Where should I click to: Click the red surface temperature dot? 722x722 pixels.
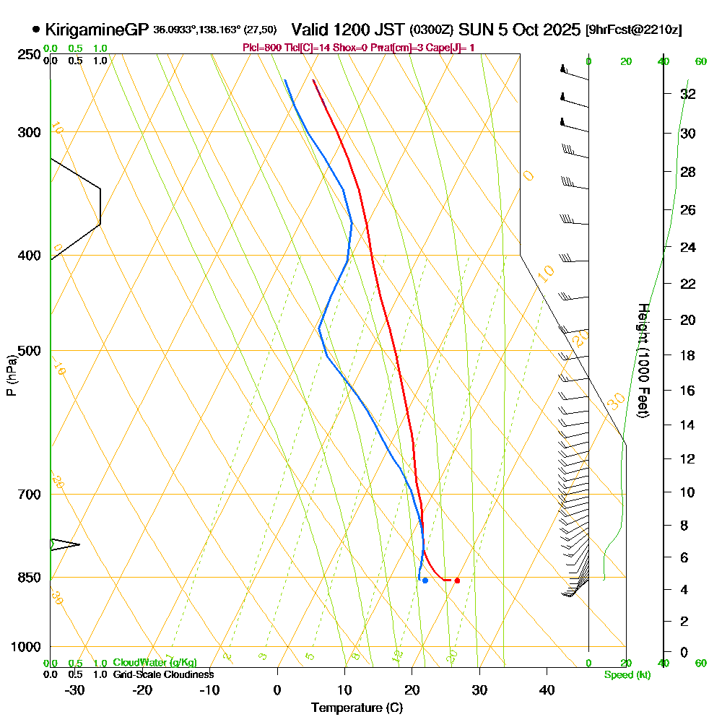click(x=457, y=580)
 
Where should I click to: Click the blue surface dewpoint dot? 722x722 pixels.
click(x=425, y=580)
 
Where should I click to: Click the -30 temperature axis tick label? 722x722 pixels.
click(x=75, y=690)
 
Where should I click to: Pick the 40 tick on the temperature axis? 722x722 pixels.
click(x=547, y=690)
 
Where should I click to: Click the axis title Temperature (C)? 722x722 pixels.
click(x=357, y=708)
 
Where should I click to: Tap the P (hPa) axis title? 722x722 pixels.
click(x=12, y=375)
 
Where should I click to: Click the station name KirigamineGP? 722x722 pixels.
click(x=97, y=30)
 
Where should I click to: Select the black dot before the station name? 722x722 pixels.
click(x=36, y=30)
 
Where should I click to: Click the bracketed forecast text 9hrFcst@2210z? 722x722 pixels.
click(x=635, y=30)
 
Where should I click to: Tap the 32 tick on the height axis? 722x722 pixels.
click(x=688, y=94)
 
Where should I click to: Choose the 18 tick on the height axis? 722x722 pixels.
click(x=688, y=355)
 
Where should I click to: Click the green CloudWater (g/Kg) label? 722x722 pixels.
click(x=154, y=663)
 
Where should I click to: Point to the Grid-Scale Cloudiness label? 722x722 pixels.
click(x=162, y=674)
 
